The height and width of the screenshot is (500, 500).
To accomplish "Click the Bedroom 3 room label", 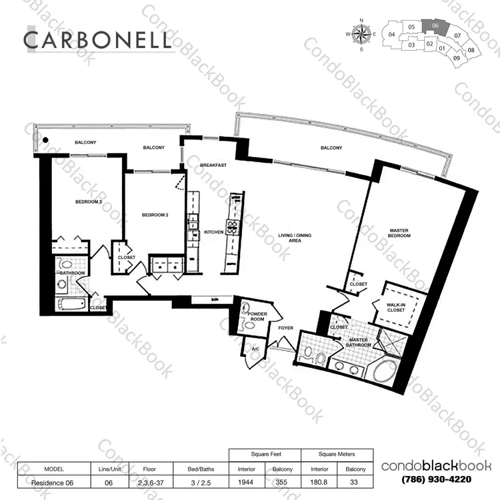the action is [88, 202].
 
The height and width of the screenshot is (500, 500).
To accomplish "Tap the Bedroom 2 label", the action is [155, 215].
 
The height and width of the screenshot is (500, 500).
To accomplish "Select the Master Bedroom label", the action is [399, 233].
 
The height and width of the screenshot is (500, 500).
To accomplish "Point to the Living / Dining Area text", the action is [295, 238].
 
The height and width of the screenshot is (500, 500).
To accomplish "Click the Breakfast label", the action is [213, 165].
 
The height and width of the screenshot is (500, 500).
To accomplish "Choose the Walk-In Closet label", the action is [396, 308].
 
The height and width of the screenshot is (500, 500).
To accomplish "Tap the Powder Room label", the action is [257, 316].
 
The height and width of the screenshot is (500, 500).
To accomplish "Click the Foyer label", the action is [285, 328].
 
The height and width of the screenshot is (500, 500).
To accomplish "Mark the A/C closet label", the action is [255, 349].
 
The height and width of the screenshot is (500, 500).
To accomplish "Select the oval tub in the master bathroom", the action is [385, 371].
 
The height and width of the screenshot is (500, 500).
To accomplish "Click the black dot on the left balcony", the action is [45, 140].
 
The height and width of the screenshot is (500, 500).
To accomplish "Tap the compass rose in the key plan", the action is [361, 34].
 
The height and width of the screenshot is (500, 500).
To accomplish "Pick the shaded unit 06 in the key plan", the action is [434, 25].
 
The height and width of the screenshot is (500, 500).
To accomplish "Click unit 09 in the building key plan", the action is [457, 58].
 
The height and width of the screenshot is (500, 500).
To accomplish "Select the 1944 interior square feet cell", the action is [246, 482].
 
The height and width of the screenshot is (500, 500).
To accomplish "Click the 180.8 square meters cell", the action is [319, 482].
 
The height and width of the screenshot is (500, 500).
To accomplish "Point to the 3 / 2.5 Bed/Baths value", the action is [201, 483].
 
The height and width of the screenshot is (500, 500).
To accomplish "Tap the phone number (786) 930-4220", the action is [436, 479].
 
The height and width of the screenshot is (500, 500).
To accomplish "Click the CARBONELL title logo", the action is [97, 40].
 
